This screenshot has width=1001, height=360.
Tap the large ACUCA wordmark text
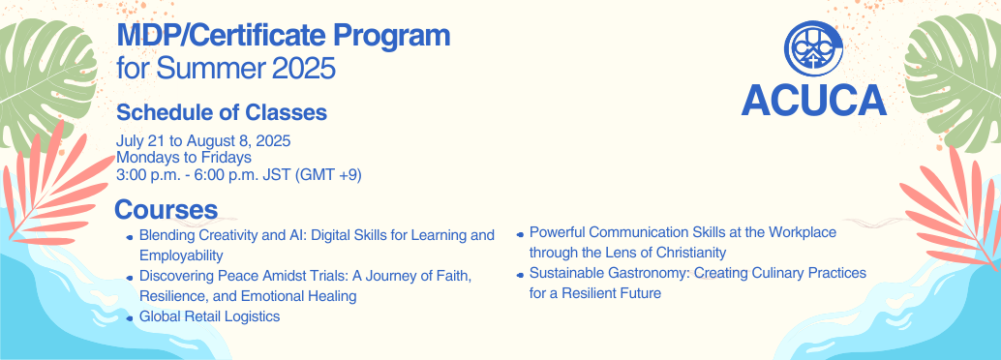point(813,99)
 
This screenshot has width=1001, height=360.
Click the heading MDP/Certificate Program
point(283,37)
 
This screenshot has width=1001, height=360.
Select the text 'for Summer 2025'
point(226,69)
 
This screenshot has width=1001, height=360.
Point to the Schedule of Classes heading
point(221,112)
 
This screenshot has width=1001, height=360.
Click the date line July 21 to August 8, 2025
point(203,141)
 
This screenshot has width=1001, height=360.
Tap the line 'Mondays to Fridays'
point(184,157)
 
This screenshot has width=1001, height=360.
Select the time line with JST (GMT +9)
point(238,173)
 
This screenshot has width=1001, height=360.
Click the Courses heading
point(166,209)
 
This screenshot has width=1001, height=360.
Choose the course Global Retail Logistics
point(209,316)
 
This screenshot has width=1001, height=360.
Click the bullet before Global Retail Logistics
point(130,318)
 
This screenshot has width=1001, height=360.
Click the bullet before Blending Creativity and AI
point(130,237)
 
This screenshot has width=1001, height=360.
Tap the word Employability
point(181,255)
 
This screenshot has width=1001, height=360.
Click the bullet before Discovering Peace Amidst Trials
point(130,278)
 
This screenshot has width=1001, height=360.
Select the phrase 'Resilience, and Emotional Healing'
point(248,295)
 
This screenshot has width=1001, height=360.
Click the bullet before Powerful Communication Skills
point(520,234)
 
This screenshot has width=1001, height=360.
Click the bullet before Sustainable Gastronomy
point(520,275)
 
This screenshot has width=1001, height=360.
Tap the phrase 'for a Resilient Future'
point(595,292)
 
